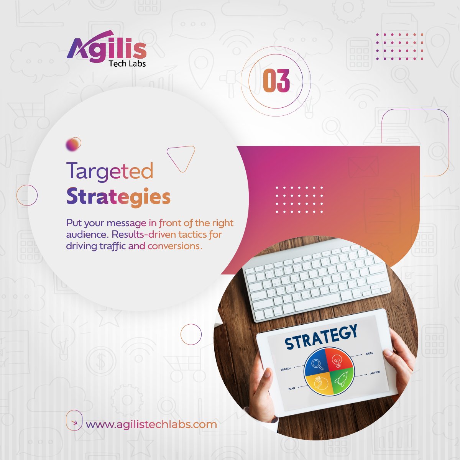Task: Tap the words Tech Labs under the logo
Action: [x=127, y=64]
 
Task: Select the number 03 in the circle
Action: [x=276, y=81]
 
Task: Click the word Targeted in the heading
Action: [x=110, y=171]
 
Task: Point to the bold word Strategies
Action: [x=118, y=197]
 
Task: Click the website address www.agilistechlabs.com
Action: [x=151, y=424]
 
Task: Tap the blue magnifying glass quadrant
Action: [x=317, y=363]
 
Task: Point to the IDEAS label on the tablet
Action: [x=369, y=353]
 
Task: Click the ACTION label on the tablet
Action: [x=375, y=373]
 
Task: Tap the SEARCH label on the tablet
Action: [x=286, y=369]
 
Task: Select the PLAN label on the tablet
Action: [x=292, y=389]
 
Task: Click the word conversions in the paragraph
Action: [x=174, y=246]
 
